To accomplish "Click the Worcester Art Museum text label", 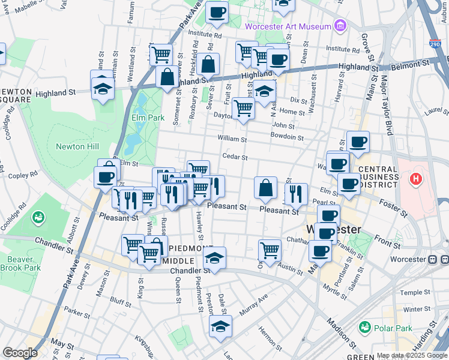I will (x=288, y=26).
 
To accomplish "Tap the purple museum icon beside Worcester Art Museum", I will (x=340, y=26).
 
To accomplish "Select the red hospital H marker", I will (x=415, y=178).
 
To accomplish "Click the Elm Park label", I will (x=148, y=118).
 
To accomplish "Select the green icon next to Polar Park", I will (x=364, y=327).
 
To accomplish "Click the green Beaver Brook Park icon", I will (x=38, y=216).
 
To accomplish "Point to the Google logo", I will (x=20, y=352).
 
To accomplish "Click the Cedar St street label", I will (x=235, y=157).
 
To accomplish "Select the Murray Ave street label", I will (x=253, y=305).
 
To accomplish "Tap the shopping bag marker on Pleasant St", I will (x=265, y=187).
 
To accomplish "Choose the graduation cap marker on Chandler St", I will (x=214, y=257).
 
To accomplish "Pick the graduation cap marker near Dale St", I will (x=220, y=326).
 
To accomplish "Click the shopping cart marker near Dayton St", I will (x=243, y=108).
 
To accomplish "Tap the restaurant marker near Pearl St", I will (x=295, y=193).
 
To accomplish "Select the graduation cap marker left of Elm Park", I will (x=103, y=88).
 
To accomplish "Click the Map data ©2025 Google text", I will (x=412, y=355).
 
